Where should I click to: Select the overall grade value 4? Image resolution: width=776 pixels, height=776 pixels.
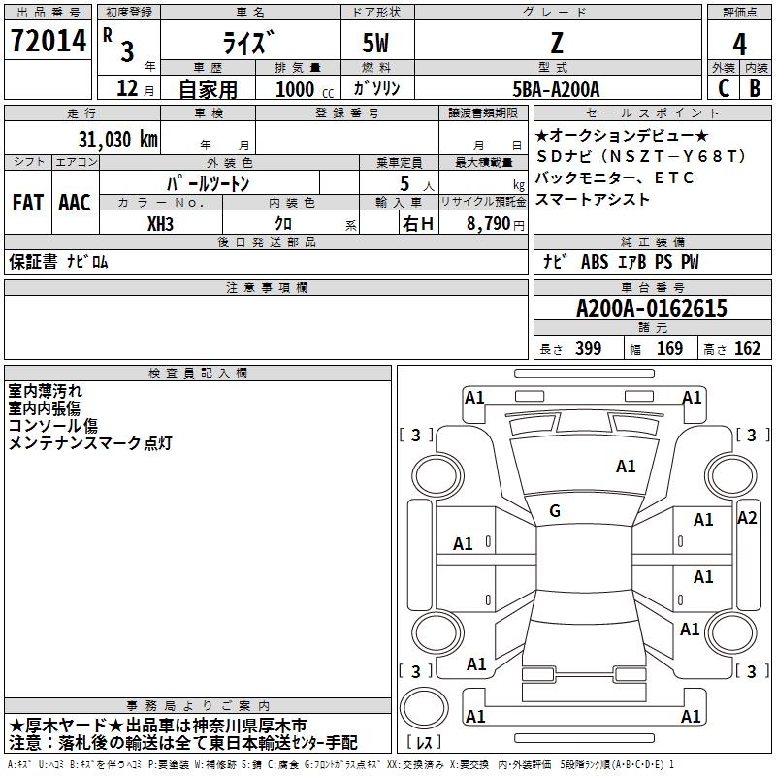[x=739, y=44]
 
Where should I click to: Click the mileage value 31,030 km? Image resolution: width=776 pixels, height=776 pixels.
[x=117, y=139]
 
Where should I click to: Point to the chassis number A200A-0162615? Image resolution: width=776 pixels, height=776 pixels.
[x=651, y=308]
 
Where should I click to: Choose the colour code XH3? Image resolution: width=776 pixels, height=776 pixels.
[x=161, y=223]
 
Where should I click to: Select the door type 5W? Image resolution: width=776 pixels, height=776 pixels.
[x=377, y=44]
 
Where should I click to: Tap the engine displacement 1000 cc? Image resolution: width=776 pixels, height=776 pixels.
[x=302, y=89]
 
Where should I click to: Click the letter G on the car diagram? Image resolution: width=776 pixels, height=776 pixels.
[x=555, y=510]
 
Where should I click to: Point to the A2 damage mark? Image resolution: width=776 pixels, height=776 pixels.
[x=746, y=517]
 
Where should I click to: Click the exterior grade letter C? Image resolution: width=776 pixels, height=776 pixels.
[x=724, y=88]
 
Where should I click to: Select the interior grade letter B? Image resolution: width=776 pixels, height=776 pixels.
[x=755, y=88]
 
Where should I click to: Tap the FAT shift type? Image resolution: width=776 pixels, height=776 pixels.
[x=27, y=202]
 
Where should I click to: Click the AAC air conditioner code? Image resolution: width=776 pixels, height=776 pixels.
[x=75, y=202]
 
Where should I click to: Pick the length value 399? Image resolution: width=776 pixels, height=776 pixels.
[x=588, y=349]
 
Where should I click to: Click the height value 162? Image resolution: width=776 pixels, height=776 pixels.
[x=747, y=349]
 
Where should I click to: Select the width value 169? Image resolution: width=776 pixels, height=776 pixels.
[x=669, y=349]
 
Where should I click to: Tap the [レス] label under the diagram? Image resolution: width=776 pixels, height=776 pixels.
[x=424, y=743]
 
